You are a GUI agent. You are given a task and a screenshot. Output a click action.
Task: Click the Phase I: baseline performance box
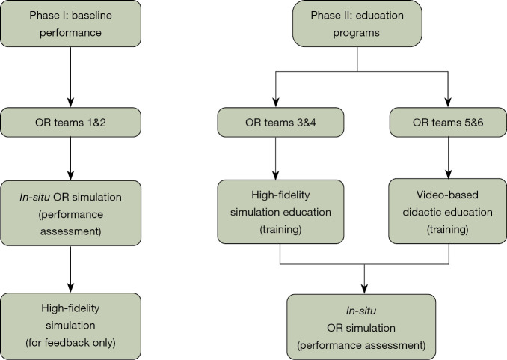click(x=70, y=24)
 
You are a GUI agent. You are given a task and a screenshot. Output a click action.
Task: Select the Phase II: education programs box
click(x=357, y=24)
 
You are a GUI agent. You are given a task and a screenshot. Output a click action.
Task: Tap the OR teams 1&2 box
click(x=70, y=123)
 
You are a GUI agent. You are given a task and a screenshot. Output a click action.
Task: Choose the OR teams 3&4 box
click(x=280, y=123)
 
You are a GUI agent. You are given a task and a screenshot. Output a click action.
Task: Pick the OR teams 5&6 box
click(x=448, y=123)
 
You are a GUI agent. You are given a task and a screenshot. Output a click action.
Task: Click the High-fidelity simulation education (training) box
click(x=280, y=212)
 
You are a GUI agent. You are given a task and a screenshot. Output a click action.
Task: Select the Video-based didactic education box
click(x=447, y=211)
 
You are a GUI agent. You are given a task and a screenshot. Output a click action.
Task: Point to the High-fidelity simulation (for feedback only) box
click(x=70, y=326)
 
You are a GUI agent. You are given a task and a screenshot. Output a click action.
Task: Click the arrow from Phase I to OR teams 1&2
click(x=70, y=77)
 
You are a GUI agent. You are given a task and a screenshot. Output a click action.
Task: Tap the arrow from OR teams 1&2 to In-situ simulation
click(x=70, y=159)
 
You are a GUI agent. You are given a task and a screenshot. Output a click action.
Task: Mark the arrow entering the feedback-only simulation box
click(x=70, y=269)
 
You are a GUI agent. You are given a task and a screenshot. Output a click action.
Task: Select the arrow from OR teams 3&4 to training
click(x=275, y=159)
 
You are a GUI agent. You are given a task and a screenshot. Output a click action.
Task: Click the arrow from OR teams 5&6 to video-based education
click(x=448, y=158)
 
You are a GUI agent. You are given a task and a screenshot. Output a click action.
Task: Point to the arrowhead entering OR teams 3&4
click(x=275, y=103)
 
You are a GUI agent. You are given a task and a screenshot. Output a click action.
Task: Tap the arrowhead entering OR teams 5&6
click(x=448, y=103)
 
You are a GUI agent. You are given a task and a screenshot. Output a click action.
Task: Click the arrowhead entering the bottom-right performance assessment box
click(x=364, y=289)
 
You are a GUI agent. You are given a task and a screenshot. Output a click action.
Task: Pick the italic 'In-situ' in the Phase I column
click(x=34, y=197)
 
